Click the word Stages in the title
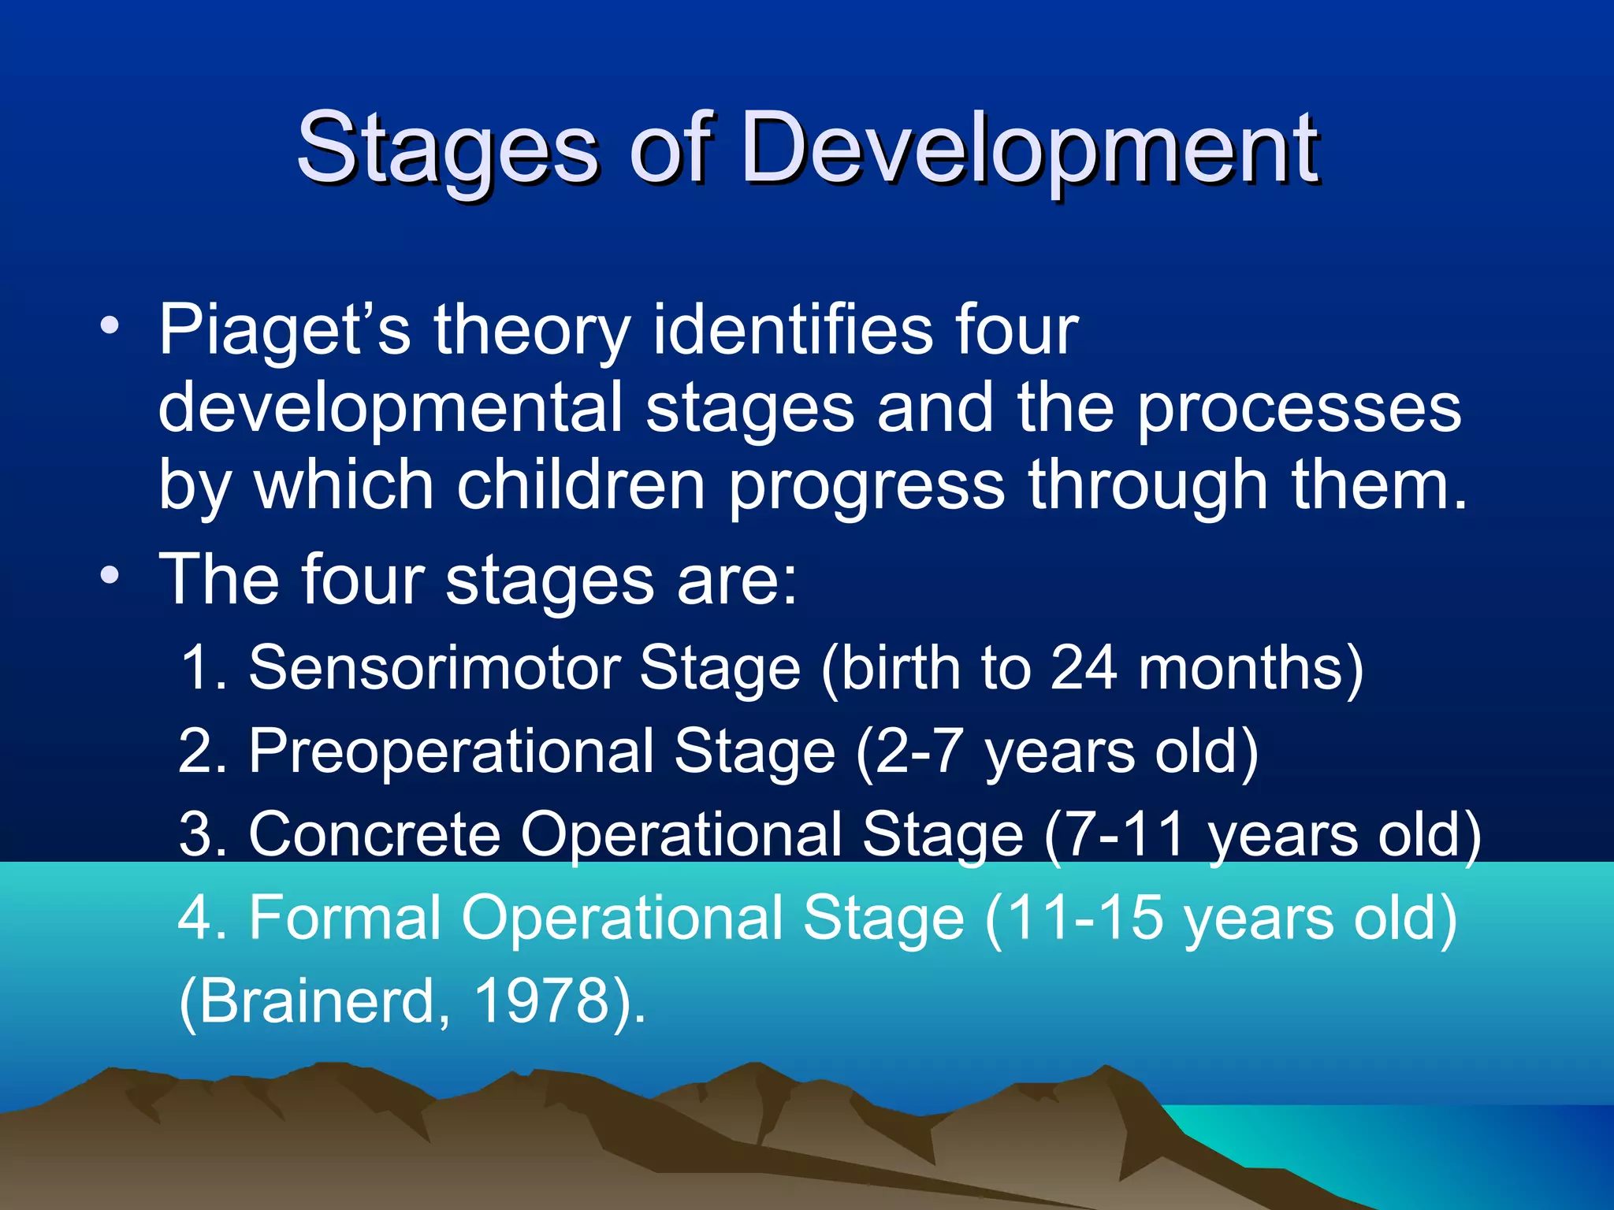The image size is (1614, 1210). pos(447,150)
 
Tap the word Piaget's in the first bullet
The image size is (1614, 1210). pos(284,331)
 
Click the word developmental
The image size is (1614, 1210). pos(391,408)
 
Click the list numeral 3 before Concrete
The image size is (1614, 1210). pos(195,834)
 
